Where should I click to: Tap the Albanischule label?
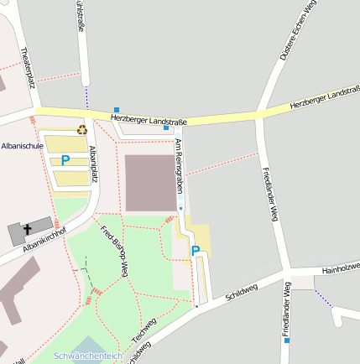coord(23,145)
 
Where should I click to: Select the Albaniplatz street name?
coord(93,164)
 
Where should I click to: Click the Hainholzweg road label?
coord(342,268)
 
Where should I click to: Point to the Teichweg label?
coord(144,331)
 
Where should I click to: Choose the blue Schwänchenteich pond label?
coord(87,356)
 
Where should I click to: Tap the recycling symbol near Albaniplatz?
coord(82,129)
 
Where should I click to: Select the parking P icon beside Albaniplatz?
coord(65,159)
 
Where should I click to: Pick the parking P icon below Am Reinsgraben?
coord(196,250)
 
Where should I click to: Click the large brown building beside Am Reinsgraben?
coord(151,182)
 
